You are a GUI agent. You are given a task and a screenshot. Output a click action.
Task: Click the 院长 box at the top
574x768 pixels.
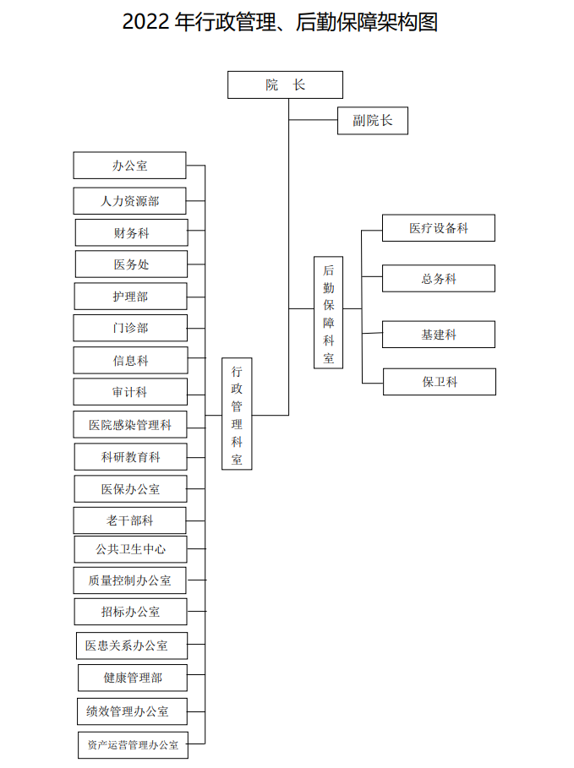(x=285, y=84)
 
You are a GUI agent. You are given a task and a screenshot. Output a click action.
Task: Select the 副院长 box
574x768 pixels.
(x=373, y=121)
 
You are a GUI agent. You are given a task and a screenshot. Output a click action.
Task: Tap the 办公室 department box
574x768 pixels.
(x=129, y=165)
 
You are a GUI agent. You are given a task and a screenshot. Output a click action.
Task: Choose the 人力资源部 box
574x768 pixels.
(x=129, y=201)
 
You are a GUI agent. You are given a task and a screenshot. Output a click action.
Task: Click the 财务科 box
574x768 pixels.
(x=131, y=232)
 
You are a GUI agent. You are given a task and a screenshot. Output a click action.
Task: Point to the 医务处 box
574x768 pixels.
(x=131, y=264)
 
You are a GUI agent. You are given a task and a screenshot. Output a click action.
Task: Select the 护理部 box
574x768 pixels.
(x=130, y=297)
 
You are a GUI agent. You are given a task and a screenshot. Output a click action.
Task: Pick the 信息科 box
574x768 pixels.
(x=130, y=361)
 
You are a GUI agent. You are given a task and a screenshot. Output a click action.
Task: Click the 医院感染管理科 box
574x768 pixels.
(x=130, y=425)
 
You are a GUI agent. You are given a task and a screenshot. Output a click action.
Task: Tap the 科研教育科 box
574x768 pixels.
(x=130, y=457)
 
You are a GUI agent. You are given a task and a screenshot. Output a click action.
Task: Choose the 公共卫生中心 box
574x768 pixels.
(x=130, y=549)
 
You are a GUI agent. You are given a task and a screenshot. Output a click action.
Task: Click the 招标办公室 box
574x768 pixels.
(x=130, y=612)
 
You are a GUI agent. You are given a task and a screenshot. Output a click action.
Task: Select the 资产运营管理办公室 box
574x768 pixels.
(x=133, y=745)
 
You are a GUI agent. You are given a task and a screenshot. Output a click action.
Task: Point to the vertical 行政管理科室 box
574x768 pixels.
(x=237, y=414)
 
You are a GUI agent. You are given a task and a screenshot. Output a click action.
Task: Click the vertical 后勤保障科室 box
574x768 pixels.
(x=328, y=313)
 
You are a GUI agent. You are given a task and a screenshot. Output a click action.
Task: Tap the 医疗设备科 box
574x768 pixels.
(x=439, y=228)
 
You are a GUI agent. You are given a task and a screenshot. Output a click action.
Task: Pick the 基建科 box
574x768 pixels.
(x=439, y=335)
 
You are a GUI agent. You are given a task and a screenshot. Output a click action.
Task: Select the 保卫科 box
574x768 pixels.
(x=440, y=382)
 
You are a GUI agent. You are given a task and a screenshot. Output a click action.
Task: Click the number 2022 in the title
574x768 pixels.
(x=145, y=22)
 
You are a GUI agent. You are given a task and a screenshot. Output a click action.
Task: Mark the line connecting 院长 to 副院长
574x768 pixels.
(x=313, y=119)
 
